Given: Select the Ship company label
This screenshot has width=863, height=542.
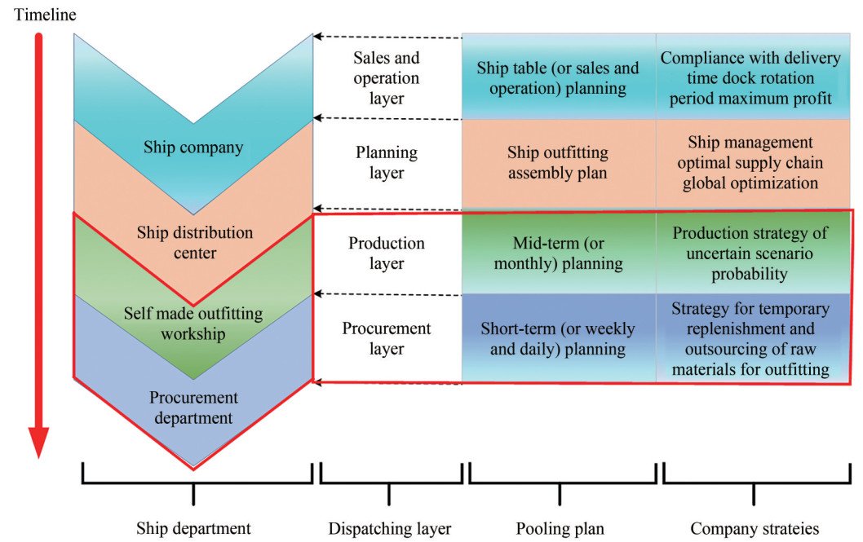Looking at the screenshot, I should (193, 148).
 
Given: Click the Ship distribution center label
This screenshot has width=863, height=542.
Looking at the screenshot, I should (193, 243).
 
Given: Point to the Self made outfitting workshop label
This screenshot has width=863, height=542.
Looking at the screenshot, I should (193, 324).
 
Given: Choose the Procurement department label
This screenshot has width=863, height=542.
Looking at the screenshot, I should (193, 408).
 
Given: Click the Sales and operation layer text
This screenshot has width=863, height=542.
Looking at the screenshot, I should (387, 78).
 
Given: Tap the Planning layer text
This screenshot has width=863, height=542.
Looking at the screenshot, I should (387, 161).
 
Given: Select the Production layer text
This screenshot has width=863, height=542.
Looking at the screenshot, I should (387, 253).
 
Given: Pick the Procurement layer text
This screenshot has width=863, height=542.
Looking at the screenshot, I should (387, 338).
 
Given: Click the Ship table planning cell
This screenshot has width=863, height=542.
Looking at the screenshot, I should (558, 78).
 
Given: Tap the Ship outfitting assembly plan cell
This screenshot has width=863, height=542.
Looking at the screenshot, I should (558, 161).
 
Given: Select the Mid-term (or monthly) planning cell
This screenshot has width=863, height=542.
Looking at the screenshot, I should (558, 253).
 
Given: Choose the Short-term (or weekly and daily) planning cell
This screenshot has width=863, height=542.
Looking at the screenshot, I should (558, 339).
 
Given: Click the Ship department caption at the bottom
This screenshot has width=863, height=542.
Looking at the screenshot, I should (193, 527).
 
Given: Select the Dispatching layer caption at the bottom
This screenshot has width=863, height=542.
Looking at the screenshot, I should (389, 527).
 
